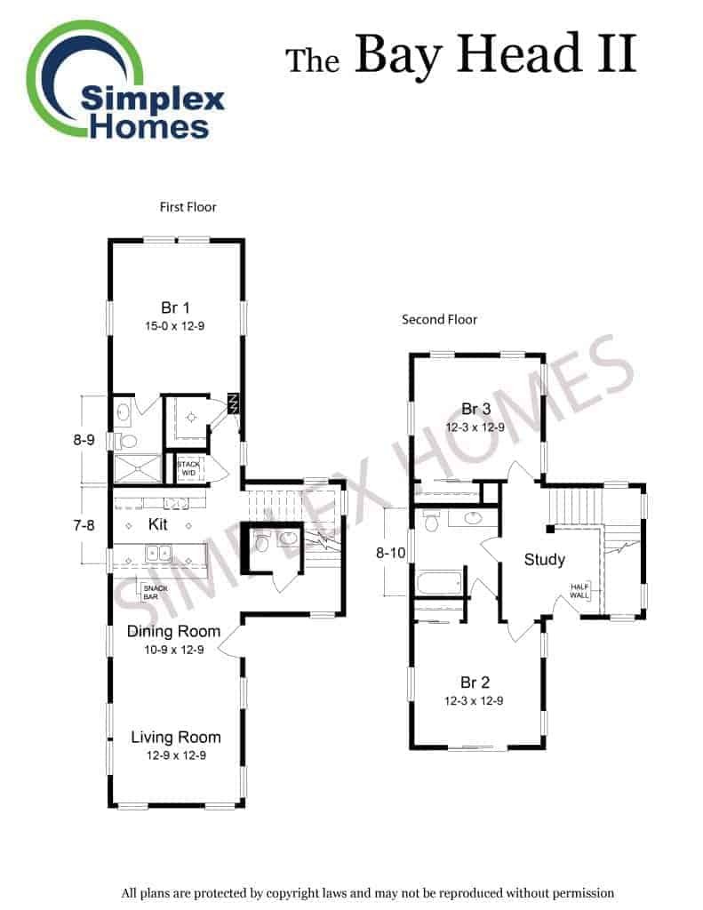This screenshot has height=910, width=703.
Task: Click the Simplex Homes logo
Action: tap(124, 81)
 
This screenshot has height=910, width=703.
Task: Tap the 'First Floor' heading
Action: tap(188, 207)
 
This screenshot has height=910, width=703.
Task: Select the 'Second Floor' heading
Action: tap(439, 320)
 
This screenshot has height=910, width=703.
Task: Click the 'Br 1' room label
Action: tap(175, 307)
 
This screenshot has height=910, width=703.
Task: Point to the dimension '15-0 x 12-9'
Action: tap(175, 326)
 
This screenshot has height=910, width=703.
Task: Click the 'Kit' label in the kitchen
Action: tap(158, 524)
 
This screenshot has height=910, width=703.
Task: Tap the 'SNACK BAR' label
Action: tap(155, 592)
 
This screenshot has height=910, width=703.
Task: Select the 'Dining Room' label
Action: tap(173, 632)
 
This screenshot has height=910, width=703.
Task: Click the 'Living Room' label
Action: tap(176, 737)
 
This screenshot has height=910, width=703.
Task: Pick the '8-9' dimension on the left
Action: tap(84, 440)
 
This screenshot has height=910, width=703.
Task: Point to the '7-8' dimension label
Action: tap(84, 525)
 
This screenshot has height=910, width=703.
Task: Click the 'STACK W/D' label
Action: tap(188, 468)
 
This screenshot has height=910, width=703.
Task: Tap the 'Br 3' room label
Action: tap(476, 409)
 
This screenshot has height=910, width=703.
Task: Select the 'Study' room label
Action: tap(545, 560)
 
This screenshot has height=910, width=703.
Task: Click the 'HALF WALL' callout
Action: tap(579, 591)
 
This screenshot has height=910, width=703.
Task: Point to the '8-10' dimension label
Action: tap(391, 553)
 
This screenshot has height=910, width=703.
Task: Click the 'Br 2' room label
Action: tap(475, 682)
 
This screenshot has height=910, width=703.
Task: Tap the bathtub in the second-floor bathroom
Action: tap(439, 582)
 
